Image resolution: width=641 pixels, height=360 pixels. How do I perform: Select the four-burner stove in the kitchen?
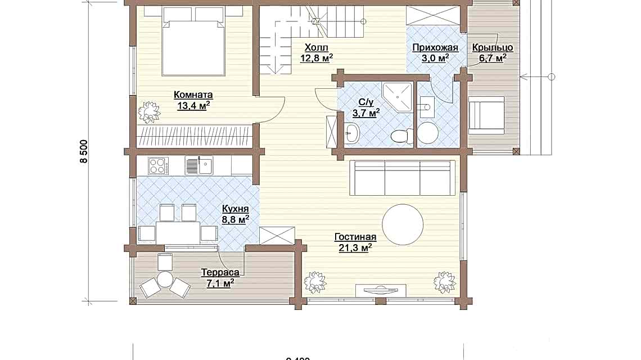pyautogui.click(x=158, y=165)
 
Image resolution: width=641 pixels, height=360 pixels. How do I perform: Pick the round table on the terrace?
pyautogui.click(x=165, y=279)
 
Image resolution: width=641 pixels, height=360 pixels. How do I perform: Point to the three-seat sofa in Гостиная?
pyautogui.click(x=402, y=178)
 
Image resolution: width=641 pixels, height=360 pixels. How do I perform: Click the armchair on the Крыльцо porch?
pyautogui.click(x=486, y=113)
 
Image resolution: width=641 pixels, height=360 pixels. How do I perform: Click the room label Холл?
pyautogui.click(x=316, y=47)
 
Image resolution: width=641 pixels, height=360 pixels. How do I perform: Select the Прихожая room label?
pyautogui.click(x=431, y=48)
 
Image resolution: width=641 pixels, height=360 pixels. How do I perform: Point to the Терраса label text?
pyautogui.click(x=220, y=273)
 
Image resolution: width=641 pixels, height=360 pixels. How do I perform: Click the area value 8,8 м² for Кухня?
pyautogui.click(x=235, y=220)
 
